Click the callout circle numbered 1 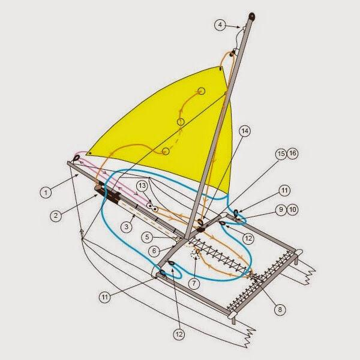[46, 193]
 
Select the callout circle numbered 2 [56, 215]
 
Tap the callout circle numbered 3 [127, 227]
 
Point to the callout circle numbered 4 [220, 25]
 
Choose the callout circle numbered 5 [148, 237]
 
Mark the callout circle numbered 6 [154, 251]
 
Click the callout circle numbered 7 [194, 283]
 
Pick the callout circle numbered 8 [280, 310]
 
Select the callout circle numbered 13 [142, 185]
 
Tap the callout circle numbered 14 [245, 131]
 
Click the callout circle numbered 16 [293, 154]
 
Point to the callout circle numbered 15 [281, 154]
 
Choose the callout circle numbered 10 [293, 209]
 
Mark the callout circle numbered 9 [281, 210]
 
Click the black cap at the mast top [252, 17]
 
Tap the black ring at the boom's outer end [76, 158]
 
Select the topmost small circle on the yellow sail [202, 91]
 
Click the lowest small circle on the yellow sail [166, 151]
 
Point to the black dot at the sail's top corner [221, 68]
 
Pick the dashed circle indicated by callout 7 [194, 253]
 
